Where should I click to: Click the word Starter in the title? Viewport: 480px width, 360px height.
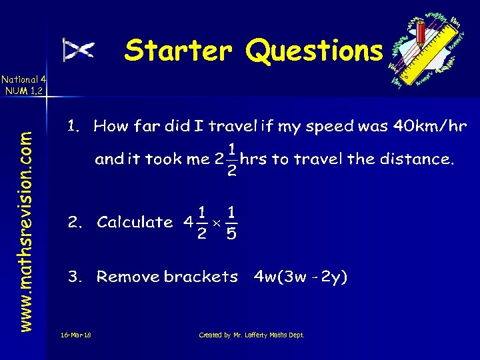click(x=178, y=50)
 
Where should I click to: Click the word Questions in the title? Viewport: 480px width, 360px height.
click(x=314, y=50)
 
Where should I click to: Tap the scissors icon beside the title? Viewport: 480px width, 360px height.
click(x=78, y=49)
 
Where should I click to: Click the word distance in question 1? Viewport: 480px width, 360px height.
click(x=417, y=159)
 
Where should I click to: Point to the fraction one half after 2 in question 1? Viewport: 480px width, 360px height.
click(x=231, y=159)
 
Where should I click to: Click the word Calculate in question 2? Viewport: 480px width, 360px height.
click(x=135, y=223)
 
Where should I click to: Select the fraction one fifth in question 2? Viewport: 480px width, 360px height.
click(x=231, y=223)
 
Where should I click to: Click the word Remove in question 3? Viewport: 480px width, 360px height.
click(x=129, y=277)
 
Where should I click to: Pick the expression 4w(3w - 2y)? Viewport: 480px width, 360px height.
click(x=300, y=277)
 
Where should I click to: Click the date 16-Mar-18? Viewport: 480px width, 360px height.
click(x=75, y=335)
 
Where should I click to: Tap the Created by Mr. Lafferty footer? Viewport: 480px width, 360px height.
click(x=252, y=335)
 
